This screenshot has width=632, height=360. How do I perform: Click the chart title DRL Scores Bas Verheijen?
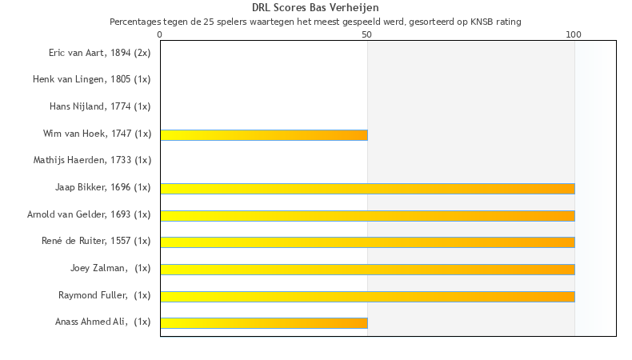315,8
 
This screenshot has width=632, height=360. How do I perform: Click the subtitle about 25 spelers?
315,22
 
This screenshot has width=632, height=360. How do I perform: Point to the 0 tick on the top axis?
160,34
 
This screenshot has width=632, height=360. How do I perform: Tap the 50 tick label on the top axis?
367,34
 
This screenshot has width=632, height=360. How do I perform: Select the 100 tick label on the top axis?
574,34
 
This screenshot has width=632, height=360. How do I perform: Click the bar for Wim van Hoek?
264,135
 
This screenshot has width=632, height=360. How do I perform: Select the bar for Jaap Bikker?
367,189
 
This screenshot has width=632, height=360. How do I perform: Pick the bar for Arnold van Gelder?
367,215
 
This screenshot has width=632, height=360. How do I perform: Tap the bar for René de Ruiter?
367,242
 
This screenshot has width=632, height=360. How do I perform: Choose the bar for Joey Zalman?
367,270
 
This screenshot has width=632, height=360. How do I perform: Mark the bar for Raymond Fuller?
367,296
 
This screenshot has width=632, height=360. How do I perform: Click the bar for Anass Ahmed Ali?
264,323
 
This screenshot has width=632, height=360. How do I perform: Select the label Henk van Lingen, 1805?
91,79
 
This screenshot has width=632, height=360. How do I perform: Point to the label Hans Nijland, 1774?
100,106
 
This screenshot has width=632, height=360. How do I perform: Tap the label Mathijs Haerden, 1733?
92,160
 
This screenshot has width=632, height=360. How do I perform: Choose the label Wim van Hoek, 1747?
97,134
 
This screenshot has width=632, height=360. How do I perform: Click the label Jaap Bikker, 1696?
102,187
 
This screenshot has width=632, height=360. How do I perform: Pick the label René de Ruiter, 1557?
96,241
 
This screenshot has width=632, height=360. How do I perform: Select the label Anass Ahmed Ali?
102,322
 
